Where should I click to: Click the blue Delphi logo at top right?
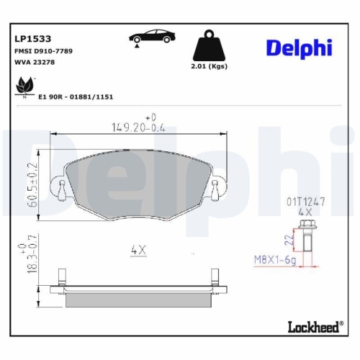[298, 48]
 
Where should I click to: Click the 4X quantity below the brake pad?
[138, 251]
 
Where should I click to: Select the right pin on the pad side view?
[214, 279]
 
